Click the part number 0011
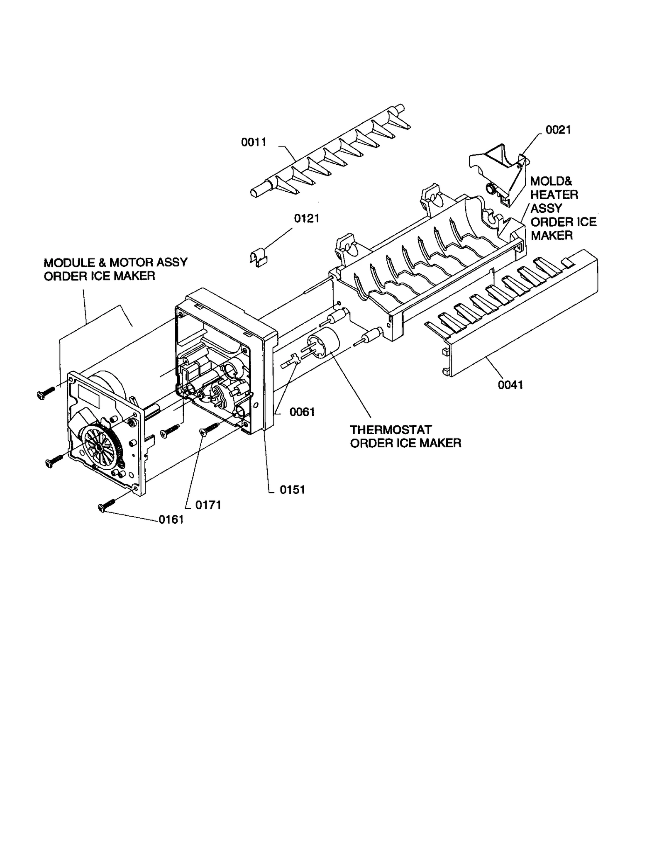(x=254, y=142)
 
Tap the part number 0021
(x=558, y=130)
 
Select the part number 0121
(x=306, y=219)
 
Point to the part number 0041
(x=510, y=385)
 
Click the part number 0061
(x=302, y=412)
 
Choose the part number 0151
(x=292, y=490)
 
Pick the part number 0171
(x=208, y=505)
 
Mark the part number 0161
(x=171, y=520)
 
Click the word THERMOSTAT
(x=391, y=429)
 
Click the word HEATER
(x=554, y=195)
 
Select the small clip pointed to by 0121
(x=258, y=259)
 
